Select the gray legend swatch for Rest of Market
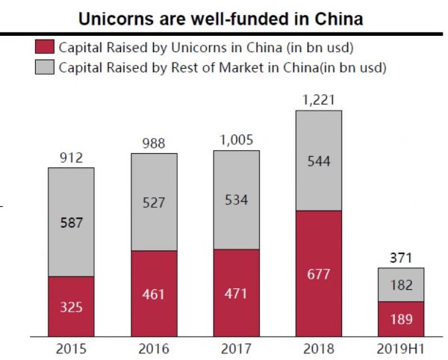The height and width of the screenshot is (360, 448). (43, 68)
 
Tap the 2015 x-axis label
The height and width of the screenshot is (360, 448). (71, 349)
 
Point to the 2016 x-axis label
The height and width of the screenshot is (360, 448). (154, 349)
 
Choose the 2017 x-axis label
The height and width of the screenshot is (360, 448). (236, 349)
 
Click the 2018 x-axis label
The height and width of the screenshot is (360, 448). (319, 349)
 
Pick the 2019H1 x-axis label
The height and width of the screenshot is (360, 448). (401, 349)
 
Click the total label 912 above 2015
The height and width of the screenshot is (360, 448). (71, 158)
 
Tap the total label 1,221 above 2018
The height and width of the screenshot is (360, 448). (319, 100)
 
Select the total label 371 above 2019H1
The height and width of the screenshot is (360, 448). (401, 258)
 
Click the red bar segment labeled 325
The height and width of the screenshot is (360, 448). (71, 306)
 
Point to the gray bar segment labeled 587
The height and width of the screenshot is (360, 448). (71, 222)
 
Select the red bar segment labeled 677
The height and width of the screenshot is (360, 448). (319, 273)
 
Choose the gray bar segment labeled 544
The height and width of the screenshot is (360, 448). (319, 160)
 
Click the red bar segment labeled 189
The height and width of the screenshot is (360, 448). (401, 319)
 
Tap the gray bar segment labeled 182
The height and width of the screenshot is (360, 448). (401, 285)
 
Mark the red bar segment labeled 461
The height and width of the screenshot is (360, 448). (154, 294)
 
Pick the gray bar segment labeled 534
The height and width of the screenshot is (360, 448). (236, 199)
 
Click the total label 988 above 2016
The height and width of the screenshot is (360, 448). (154, 143)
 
